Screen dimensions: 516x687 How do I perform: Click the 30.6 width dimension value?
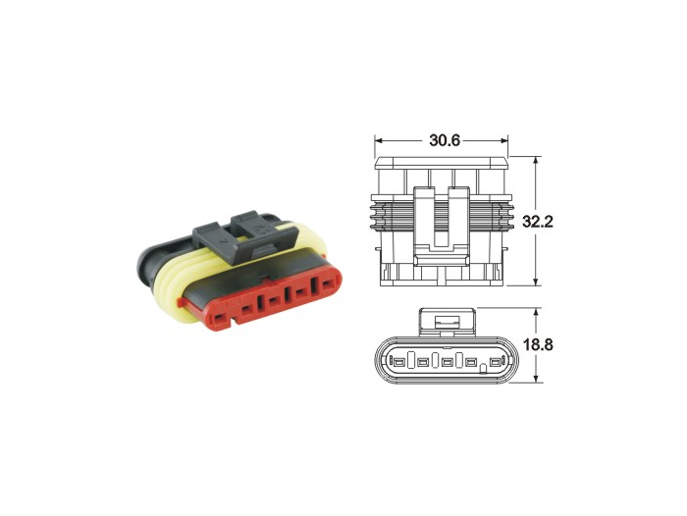pyautogui.click(x=444, y=140)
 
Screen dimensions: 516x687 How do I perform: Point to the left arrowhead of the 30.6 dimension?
pyautogui.click(x=378, y=140)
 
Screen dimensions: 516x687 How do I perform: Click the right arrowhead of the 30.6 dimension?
pyautogui.click(x=508, y=140)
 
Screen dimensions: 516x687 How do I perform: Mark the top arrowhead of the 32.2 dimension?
pyautogui.click(x=537, y=161)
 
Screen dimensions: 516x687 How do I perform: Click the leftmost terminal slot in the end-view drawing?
pyautogui.click(x=399, y=365)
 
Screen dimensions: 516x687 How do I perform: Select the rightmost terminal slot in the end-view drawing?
pyautogui.click(x=494, y=365)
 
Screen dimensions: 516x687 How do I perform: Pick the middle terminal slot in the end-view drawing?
pyautogui.click(x=447, y=365)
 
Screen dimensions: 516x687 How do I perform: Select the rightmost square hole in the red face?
pyautogui.click(x=317, y=287)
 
